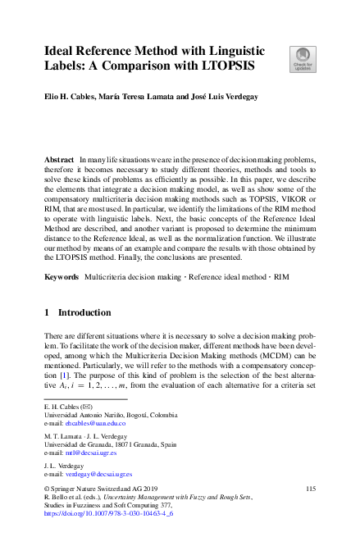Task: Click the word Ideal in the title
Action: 62,49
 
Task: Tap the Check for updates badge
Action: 302,59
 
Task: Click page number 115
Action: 310,489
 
